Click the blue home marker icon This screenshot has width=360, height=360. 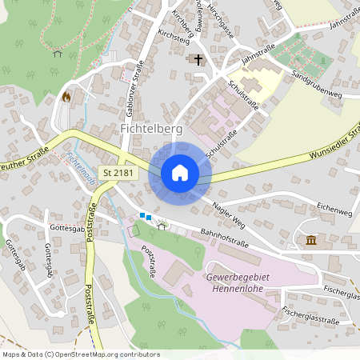(180, 173)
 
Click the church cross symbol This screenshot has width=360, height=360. (195, 59)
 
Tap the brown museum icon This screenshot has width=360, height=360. (310, 240)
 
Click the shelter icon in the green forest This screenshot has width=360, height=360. (57, 54)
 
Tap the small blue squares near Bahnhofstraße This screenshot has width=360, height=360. (145, 215)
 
